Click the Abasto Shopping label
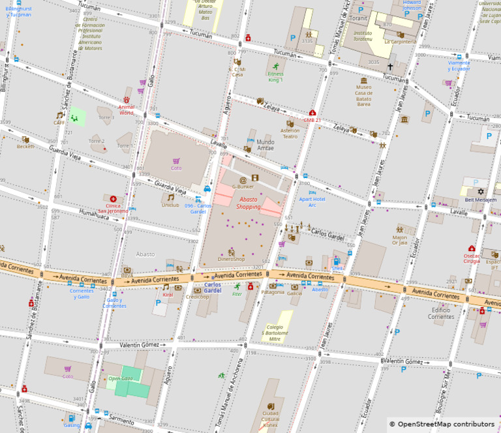[x=248, y=203]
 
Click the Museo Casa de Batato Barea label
[x=364, y=95]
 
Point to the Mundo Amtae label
[x=266, y=145]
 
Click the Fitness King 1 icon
[x=276, y=67]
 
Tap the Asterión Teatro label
[x=290, y=133]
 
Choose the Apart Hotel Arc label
[x=312, y=202]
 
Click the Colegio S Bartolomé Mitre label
[x=275, y=333]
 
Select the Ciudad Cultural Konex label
[x=270, y=419]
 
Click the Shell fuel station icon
[x=337, y=261]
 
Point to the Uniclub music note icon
[x=170, y=198]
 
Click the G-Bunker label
[x=243, y=187]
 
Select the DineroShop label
[x=231, y=259]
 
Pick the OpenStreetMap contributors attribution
[x=442, y=424]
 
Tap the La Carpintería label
[x=400, y=41]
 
